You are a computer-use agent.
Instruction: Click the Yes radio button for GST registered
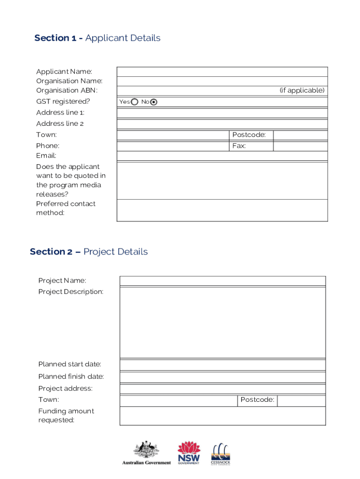(135, 102)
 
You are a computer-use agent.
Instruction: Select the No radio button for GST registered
(154, 102)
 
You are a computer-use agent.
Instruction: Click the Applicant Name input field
(222, 72)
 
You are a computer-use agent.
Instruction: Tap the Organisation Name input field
(222, 81)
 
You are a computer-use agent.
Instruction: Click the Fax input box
(300, 146)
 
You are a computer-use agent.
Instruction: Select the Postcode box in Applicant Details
(300, 135)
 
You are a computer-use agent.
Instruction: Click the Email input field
(222, 156)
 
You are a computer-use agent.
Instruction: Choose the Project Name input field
(223, 281)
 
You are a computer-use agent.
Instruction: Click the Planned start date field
(223, 365)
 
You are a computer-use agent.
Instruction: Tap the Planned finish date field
(223, 377)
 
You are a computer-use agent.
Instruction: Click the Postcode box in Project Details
(301, 400)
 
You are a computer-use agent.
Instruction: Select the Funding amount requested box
(223, 416)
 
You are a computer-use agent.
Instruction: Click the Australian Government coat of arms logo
(146, 452)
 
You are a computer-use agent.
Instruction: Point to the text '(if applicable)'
(302, 90)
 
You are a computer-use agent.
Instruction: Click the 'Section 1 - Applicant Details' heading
(97, 38)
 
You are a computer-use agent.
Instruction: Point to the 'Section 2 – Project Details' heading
(89, 252)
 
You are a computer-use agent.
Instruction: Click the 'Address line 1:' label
(60, 113)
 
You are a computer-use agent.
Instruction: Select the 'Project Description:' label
(71, 292)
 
